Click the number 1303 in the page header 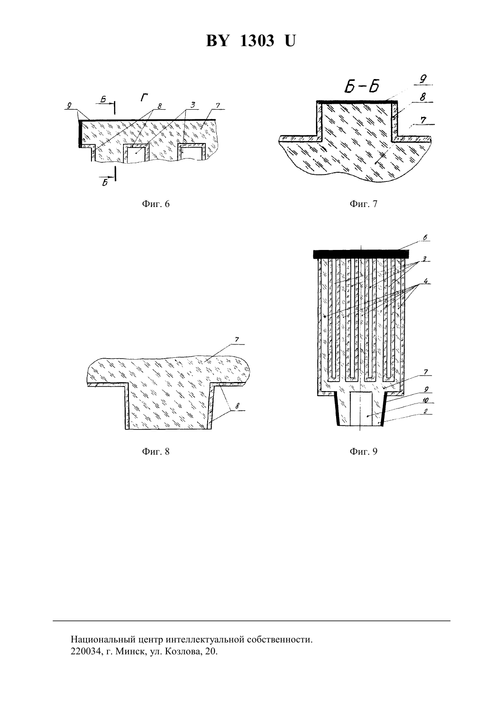(x=257, y=41)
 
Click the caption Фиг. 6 (x=155, y=204)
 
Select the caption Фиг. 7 (x=364, y=204)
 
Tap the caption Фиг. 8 (x=155, y=451)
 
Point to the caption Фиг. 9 (x=364, y=451)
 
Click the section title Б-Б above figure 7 (x=362, y=86)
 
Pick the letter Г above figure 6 (x=144, y=98)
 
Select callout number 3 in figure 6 (x=193, y=105)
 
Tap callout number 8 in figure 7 (x=423, y=97)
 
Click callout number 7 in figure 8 (x=236, y=340)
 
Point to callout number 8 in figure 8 (x=237, y=406)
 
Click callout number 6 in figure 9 (x=426, y=238)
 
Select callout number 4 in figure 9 (x=426, y=281)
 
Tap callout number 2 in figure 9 (x=426, y=411)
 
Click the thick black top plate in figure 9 (x=361, y=254)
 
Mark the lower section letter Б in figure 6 (x=104, y=182)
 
